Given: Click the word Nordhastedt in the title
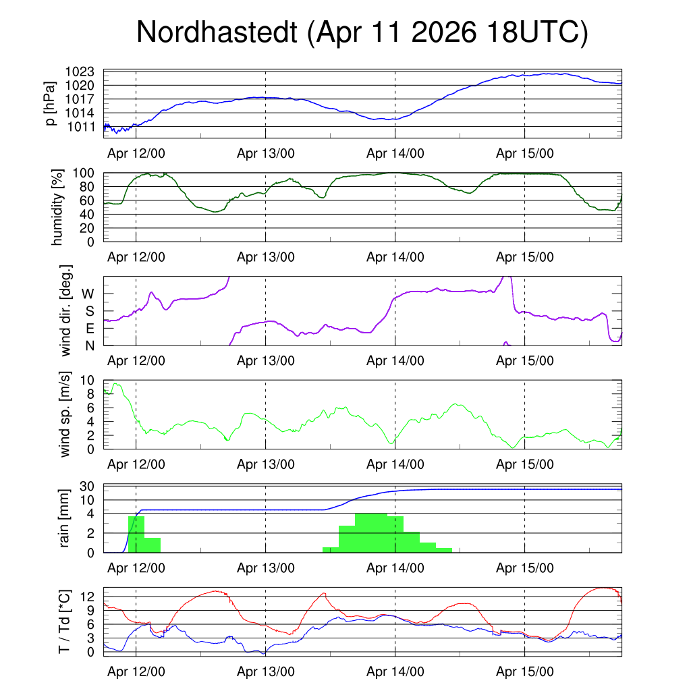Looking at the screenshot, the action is coord(217,32).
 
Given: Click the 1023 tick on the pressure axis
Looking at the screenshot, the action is coord(80,72).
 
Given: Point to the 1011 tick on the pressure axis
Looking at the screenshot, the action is coord(81,127).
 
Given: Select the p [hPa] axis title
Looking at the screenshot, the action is coord(51,103).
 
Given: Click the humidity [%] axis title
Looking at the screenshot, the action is coord(57,207).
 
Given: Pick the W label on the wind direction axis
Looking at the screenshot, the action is coord(88,294).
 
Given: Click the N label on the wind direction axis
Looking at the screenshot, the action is coord(90,346).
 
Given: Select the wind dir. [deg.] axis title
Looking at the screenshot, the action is coord(65,310).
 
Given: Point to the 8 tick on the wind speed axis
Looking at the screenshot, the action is coord(90,394).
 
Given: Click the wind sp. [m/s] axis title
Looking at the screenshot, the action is coord(65,415).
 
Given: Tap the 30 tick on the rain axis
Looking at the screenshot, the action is coord(87,487).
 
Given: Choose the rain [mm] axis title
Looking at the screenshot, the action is coord(64,518).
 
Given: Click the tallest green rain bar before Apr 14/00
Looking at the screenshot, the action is coord(371,533).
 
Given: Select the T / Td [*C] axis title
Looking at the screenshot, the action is coord(64,621).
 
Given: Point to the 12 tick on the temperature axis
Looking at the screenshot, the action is coord(87,597).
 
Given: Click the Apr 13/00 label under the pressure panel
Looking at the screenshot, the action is coord(266,153).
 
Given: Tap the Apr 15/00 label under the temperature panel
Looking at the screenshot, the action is coord(525,671).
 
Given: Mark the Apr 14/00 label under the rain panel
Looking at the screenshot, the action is coord(395,568).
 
